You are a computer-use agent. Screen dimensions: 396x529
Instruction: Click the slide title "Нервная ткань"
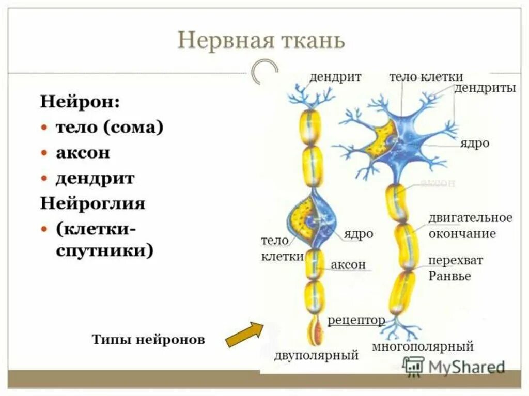(261, 40)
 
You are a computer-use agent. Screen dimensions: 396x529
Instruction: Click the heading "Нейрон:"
(80, 101)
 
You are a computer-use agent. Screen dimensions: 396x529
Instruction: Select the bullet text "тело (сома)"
(110, 128)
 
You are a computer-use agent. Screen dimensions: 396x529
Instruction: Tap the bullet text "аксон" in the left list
(83, 153)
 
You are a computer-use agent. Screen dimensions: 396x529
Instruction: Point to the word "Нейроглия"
(92, 203)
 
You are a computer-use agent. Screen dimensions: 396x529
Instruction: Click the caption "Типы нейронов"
(148, 340)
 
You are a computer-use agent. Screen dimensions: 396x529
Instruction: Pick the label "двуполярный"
(316, 355)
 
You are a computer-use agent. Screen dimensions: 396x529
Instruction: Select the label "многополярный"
(423, 346)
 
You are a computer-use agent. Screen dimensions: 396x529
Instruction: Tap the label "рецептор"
(356, 320)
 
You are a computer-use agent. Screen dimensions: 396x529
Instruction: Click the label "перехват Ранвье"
(455, 268)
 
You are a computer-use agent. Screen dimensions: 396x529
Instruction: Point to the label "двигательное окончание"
(470, 226)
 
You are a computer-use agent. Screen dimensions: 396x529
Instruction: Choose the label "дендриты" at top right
(485, 88)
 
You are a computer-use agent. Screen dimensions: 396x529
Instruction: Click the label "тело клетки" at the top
(426, 77)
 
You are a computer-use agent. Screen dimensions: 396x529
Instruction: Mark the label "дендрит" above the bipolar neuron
(335, 77)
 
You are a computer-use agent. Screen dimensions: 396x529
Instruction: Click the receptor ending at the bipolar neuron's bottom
(314, 330)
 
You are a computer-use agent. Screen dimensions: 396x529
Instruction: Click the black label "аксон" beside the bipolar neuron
(348, 265)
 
